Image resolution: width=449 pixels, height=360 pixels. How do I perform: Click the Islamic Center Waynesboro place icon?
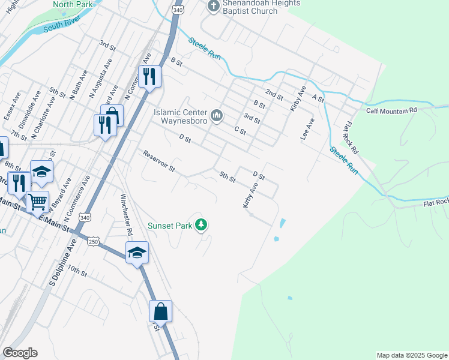pyautogui.click(x=217, y=114)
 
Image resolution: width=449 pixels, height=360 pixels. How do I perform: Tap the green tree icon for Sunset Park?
pyautogui.click(x=202, y=226)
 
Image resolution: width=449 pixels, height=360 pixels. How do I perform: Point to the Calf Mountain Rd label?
pyautogui.click(x=391, y=111)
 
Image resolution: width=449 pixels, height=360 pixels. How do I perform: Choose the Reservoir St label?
pyautogui.click(x=158, y=161)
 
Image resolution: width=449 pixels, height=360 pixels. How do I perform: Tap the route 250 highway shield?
pyautogui.click(x=93, y=241)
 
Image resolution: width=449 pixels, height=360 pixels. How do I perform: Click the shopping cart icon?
pyautogui.click(x=37, y=202)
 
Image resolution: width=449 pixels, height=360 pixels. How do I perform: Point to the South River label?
pyautogui.click(x=62, y=25)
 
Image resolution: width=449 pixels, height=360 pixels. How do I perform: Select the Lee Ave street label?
pyautogui.click(x=307, y=129)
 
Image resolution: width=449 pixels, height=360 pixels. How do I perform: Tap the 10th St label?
pyautogui.click(x=77, y=269)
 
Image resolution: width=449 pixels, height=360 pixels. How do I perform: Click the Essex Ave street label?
pyautogui.click(x=12, y=106)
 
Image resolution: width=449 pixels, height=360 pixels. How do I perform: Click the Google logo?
pyautogui.click(x=20, y=353)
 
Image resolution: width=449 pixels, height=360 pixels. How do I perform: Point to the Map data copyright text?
pyautogui.click(x=411, y=355)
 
